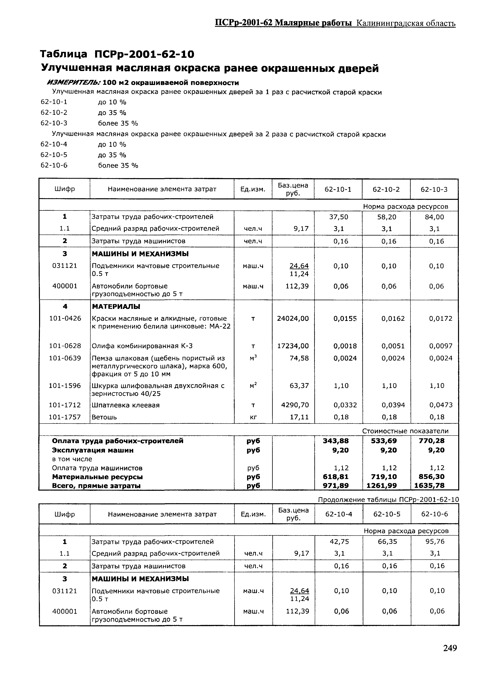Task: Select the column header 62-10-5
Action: [x=387, y=514]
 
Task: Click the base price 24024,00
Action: [x=293, y=318]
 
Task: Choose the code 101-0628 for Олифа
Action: [x=65, y=346]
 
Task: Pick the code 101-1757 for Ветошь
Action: [x=65, y=417]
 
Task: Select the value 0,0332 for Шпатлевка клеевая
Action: [x=345, y=405]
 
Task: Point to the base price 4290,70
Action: [x=295, y=405]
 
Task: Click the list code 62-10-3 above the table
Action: [x=54, y=123]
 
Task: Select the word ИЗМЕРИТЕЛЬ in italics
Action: [x=74, y=83]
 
